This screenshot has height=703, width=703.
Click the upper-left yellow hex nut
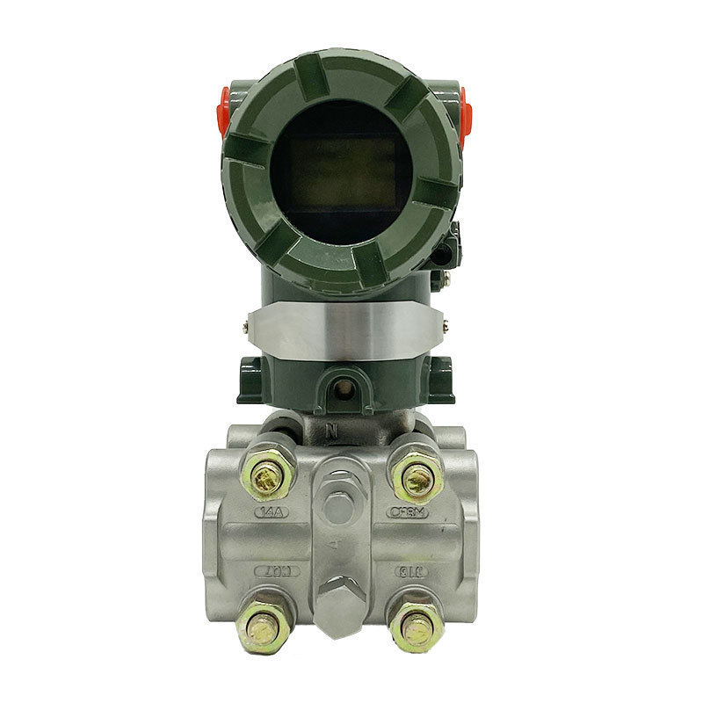[x=266, y=475]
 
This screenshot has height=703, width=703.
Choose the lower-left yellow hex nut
[x=261, y=626]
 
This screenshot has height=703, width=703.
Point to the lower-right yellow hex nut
[x=417, y=626]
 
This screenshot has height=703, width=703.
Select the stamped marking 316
[x=410, y=570]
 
